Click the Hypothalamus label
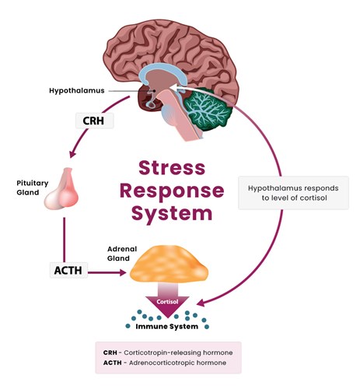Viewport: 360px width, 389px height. click(77, 90)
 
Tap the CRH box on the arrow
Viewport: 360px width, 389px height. click(95, 121)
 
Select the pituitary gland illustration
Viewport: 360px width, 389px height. click(61, 188)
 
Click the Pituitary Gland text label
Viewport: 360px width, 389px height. click(33, 187)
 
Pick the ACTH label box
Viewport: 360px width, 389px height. click(68, 270)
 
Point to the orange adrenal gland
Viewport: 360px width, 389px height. click(169, 264)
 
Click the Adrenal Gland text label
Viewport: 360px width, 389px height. click(122, 254)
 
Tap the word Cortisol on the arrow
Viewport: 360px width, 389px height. click(167, 302)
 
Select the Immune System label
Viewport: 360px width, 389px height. click(167, 327)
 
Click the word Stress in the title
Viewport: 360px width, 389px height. click(172, 168)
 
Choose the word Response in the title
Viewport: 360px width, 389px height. click(172, 191)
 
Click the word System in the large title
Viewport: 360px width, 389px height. click(172, 214)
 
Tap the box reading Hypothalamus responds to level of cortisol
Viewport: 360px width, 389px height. click(293, 193)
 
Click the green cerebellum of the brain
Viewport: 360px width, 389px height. click(208, 109)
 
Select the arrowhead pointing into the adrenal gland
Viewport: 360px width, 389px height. click(123, 272)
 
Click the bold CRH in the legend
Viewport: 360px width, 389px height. click(110, 352)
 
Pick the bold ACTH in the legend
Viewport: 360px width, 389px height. click(112, 363)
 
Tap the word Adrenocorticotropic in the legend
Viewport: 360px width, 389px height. click(163, 363)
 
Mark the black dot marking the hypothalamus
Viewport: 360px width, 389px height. click(154, 91)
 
